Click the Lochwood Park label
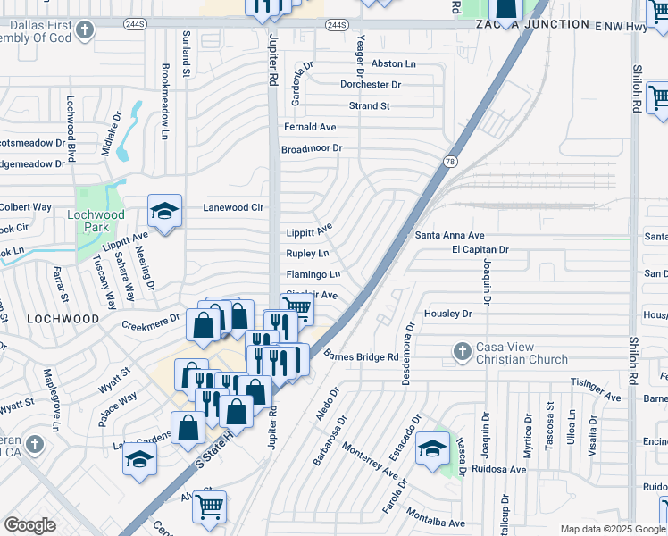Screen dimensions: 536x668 click(x=96, y=222)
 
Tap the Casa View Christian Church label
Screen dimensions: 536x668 click(x=522, y=354)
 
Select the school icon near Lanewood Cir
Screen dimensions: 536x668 click(x=165, y=212)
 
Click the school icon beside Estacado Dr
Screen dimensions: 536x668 click(x=433, y=447)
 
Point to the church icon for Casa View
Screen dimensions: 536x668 click(x=462, y=352)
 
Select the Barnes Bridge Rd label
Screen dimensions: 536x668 click(x=361, y=357)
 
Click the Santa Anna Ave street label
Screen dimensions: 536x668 click(x=449, y=235)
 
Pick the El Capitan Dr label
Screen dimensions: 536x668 click(x=480, y=250)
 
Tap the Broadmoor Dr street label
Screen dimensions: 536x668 click(x=312, y=149)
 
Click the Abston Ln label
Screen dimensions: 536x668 click(x=393, y=63)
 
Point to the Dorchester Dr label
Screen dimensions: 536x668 click(x=370, y=85)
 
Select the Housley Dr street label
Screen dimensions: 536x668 click(x=447, y=314)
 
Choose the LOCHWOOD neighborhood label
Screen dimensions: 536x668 click(x=63, y=318)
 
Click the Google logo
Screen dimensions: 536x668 click(x=29, y=525)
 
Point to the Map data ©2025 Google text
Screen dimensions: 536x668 click(x=612, y=529)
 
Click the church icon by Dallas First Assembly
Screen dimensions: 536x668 click(x=84, y=31)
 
